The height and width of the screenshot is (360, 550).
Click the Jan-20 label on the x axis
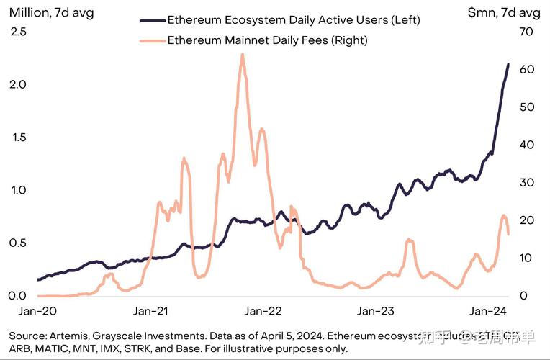33,311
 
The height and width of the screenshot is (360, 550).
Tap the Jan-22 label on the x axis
263,311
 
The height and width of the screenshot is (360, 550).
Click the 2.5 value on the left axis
19,32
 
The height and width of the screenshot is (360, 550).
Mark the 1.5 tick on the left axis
19,138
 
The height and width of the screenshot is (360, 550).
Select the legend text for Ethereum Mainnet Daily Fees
267,40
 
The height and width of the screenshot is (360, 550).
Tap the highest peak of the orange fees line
243,54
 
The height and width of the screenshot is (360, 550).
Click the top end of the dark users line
508,64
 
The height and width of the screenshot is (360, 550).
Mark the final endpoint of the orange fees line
508,234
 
